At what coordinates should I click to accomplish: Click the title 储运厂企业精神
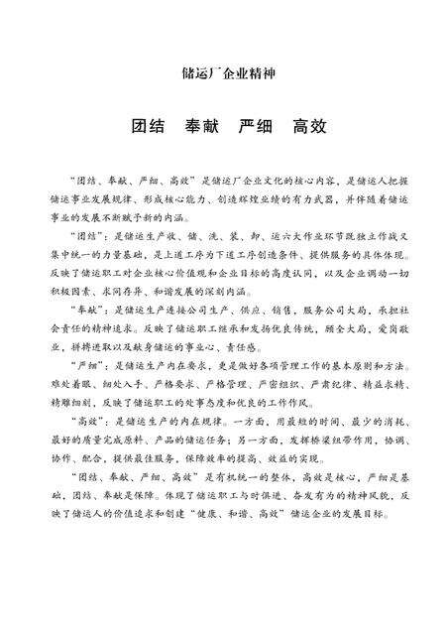click(x=222, y=73)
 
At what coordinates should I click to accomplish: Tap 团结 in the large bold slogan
click(x=149, y=130)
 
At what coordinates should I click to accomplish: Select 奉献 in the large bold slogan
click(x=203, y=130)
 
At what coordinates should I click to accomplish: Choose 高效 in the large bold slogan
click(x=311, y=130)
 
